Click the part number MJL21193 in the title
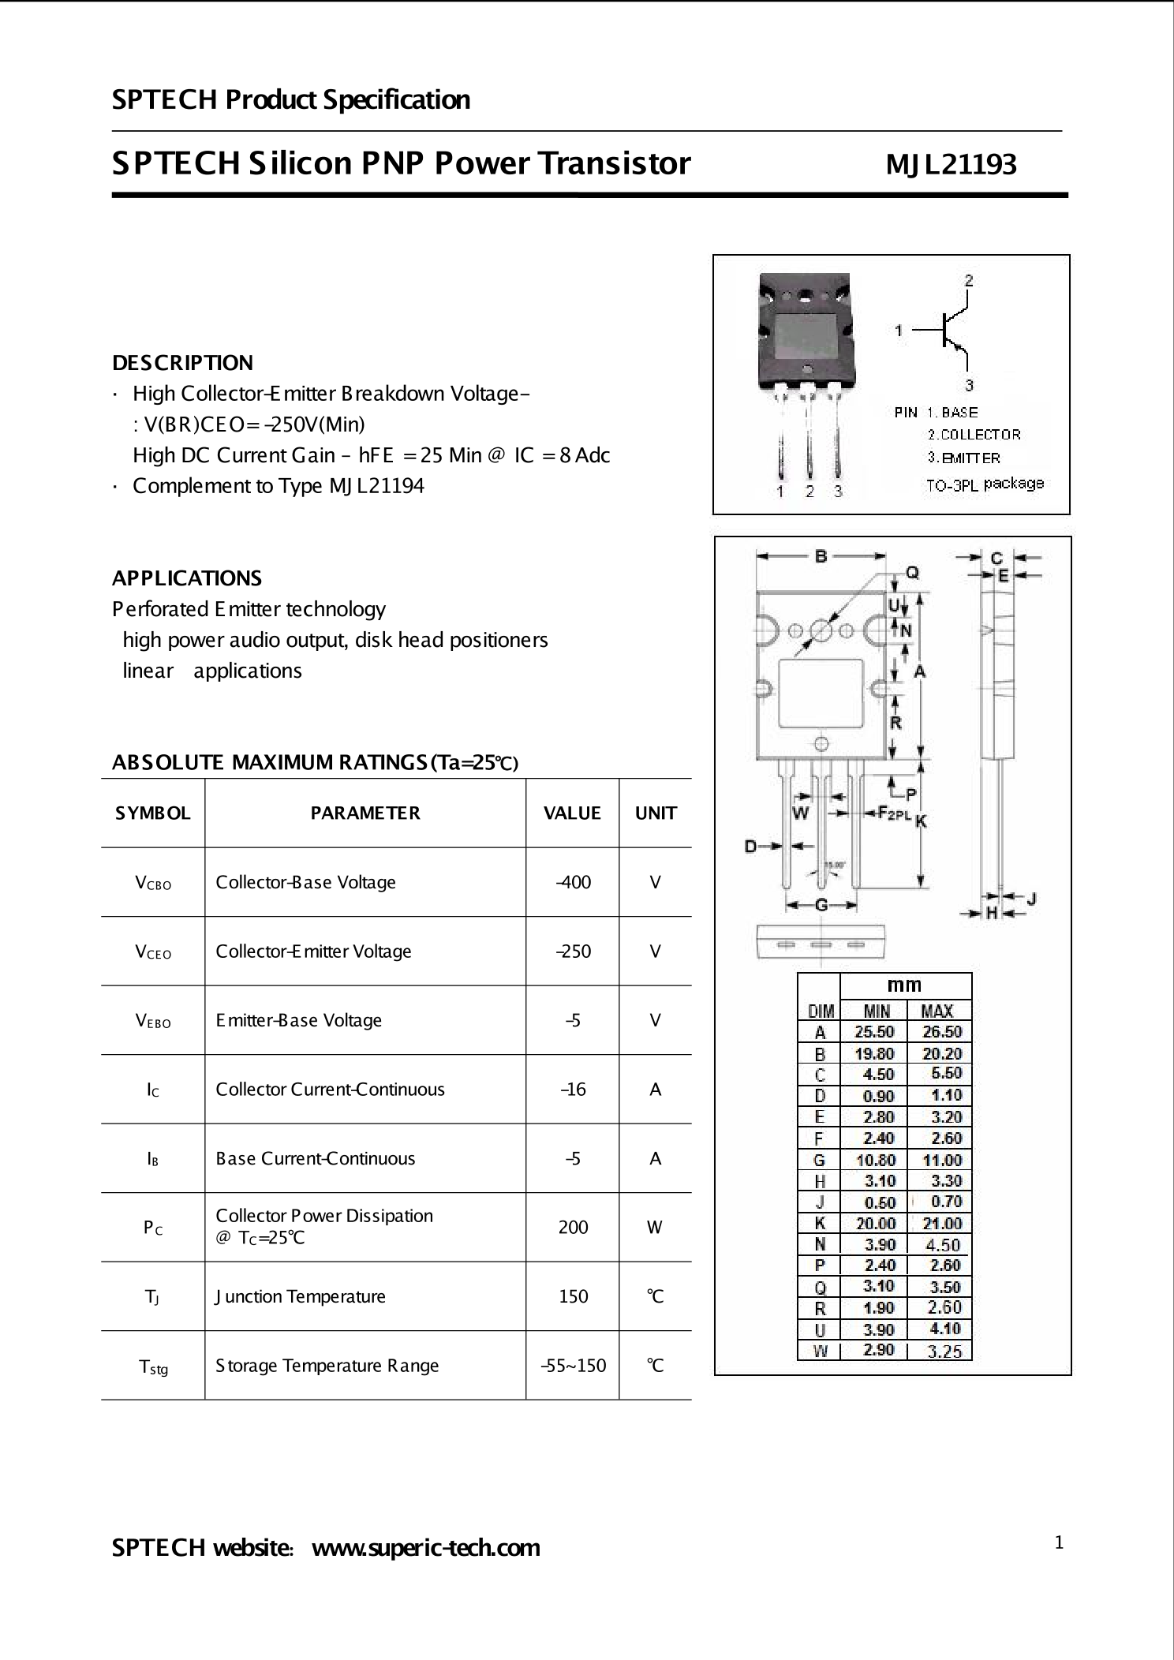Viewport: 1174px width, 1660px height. [951, 164]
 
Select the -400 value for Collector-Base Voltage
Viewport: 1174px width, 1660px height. [573, 882]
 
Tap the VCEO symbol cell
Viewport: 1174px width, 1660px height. [153, 952]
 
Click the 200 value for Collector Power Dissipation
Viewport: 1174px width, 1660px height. [573, 1227]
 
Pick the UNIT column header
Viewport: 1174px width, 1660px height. [656, 813]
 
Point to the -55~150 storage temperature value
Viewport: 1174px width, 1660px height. [573, 1365]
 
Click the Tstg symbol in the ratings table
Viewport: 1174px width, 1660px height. [153, 1367]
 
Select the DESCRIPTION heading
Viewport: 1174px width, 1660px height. [182, 363]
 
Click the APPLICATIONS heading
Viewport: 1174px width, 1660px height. [187, 578]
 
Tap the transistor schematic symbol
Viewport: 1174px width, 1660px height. [951, 330]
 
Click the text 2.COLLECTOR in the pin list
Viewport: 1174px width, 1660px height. [974, 435]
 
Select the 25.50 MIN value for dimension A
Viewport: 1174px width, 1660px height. [874, 1032]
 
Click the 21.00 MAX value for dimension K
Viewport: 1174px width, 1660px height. [941, 1224]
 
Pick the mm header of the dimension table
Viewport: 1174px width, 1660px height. [904, 985]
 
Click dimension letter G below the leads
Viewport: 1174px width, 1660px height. [821, 905]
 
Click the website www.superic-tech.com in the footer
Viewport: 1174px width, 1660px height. [426, 1548]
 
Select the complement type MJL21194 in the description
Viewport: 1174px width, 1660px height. [376, 486]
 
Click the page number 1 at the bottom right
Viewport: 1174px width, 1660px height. [1059, 1542]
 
